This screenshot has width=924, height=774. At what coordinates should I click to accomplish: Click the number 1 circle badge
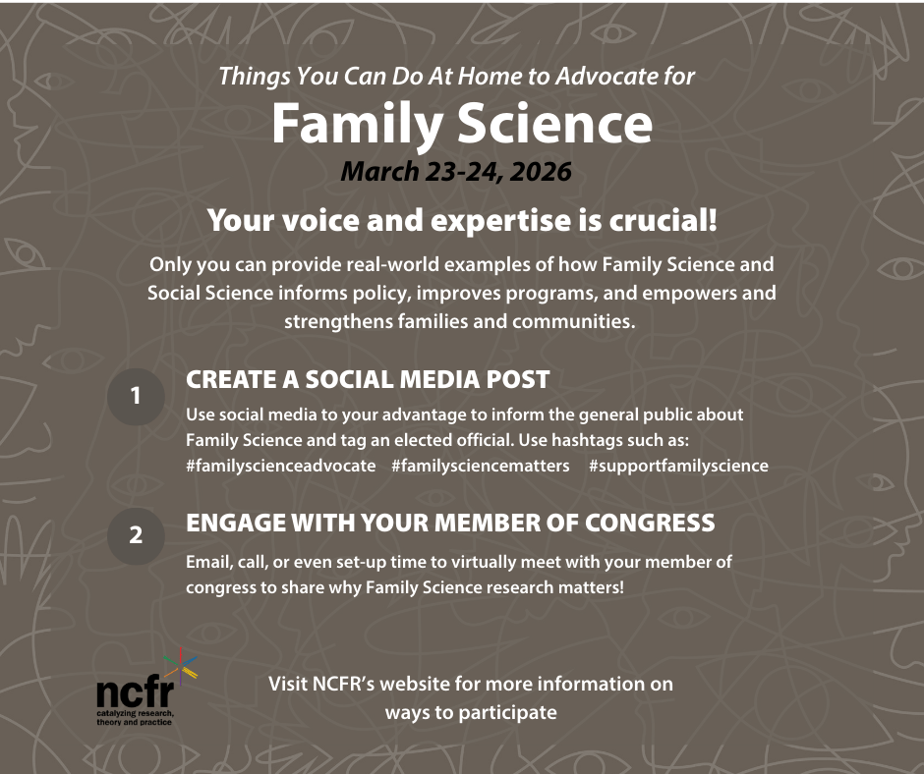click(136, 397)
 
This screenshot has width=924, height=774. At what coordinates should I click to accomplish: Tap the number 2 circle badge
click(136, 536)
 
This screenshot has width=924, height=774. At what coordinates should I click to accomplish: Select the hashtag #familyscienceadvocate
click(280, 466)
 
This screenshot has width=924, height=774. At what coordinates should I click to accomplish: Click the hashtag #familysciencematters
click(481, 466)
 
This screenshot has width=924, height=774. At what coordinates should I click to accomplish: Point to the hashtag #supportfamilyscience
click(678, 466)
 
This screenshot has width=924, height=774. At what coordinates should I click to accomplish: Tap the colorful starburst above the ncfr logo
click(181, 667)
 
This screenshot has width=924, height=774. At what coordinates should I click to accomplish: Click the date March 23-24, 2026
click(456, 172)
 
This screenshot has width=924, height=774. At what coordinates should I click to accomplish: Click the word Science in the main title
click(554, 124)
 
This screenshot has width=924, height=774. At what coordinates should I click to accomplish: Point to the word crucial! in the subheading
click(663, 220)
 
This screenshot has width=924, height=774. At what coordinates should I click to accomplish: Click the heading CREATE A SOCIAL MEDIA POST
click(368, 380)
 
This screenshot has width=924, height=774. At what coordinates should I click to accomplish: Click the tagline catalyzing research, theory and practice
click(135, 717)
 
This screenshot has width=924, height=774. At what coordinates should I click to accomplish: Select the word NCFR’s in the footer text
click(343, 684)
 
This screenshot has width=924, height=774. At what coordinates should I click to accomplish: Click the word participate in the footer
click(507, 713)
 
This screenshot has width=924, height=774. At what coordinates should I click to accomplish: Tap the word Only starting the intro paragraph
click(170, 264)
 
